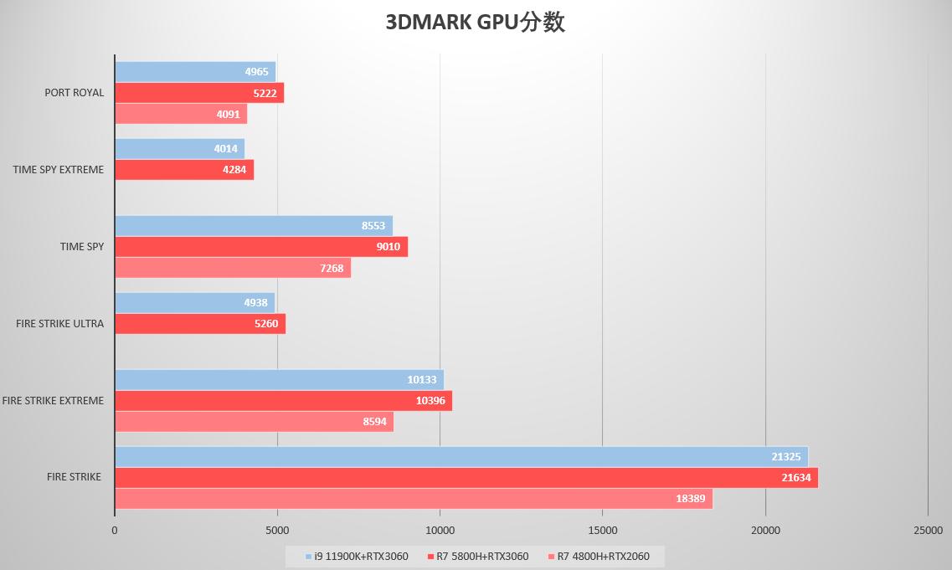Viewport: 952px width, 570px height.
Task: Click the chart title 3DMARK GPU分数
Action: (x=475, y=23)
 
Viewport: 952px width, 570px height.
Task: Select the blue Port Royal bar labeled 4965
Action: (x=195, y=72)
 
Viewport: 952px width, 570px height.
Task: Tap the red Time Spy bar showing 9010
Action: (x=260, y=247)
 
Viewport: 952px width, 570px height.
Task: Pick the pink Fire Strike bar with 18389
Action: (x=413, y=498)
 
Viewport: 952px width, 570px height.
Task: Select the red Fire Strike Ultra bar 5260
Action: (x=199, y=324)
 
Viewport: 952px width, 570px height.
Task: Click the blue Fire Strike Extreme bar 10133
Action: (x=279, y=380)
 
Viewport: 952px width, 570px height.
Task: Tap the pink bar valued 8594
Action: (x=253, y=422)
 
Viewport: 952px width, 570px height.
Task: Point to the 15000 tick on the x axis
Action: (x=603, y=531)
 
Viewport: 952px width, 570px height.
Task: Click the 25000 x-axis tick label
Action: (x=928, y=531)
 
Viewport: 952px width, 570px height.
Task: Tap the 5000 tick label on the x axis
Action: (x=277, y=531)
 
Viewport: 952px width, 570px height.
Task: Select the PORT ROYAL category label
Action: (x=75, y=93)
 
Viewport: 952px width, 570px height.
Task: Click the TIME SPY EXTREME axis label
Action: (x=59, y=170)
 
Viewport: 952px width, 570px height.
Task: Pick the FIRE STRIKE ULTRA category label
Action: (x=59, y=324)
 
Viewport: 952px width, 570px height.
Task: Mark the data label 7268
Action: (x=332, y=268)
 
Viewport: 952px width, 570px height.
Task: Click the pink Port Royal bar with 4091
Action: (x=180, y=114)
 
